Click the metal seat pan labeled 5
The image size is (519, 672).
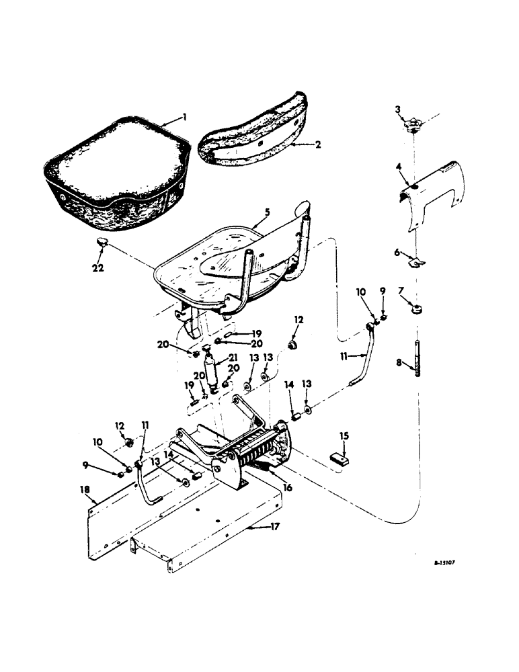coord(222,263)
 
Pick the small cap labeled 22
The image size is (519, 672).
coord(100,244)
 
